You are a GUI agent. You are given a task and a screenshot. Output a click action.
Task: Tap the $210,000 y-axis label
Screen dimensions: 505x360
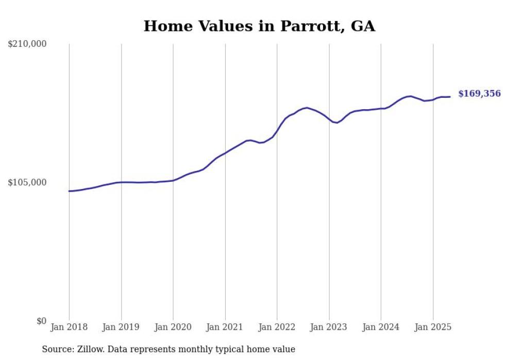[27, 44]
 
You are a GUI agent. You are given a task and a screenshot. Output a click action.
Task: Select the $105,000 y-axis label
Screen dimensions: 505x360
[27, 182]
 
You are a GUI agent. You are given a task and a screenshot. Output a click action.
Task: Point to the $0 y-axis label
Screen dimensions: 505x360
[42, 321]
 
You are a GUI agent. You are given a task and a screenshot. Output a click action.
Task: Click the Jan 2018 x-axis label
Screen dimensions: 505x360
[69, 327]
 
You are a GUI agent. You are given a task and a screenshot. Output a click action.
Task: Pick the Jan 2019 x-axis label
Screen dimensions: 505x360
[121, 327]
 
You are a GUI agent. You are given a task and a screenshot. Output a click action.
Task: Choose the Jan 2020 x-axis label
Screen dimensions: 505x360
[173, 327]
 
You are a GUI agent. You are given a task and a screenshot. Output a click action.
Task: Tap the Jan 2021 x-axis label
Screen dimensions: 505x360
[225, 327]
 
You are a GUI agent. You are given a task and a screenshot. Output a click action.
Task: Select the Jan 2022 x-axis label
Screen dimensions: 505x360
[277, 327]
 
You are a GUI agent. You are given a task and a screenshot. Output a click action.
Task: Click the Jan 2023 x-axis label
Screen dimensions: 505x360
[329, 327]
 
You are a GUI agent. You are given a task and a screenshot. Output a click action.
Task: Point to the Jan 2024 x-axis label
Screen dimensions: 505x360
[381, 327]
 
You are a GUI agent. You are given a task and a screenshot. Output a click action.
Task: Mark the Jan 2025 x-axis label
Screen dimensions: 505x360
[433, 327]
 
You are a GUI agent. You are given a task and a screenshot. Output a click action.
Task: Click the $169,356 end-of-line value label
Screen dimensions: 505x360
[480, 94]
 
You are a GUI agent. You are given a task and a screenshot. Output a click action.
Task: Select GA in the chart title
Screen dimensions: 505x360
[363, 26]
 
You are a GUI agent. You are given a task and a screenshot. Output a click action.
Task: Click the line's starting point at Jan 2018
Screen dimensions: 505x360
[69, 191]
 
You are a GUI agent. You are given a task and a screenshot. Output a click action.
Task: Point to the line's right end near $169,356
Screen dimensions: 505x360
[449, 97]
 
